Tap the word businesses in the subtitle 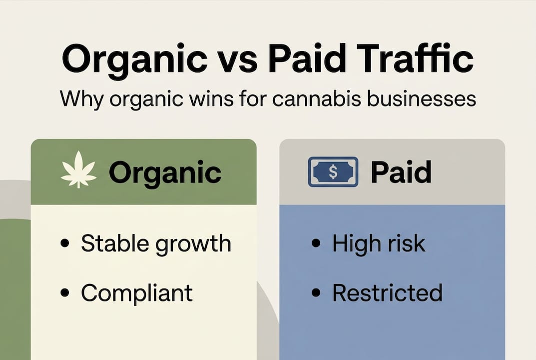tap(423, 98)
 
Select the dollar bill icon tap(333, 172)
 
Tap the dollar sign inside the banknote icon tap(333, 172)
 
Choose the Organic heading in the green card tap(165, 172)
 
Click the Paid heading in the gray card tap(401, 172)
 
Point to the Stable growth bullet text tap(156, 244)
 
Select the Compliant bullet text tap(136, 292)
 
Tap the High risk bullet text tap(379, 244)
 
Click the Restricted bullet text tap(387, 292)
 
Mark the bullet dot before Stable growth tap(64, 244)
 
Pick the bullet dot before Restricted tap(315, 293)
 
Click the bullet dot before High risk tap(315, 244)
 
